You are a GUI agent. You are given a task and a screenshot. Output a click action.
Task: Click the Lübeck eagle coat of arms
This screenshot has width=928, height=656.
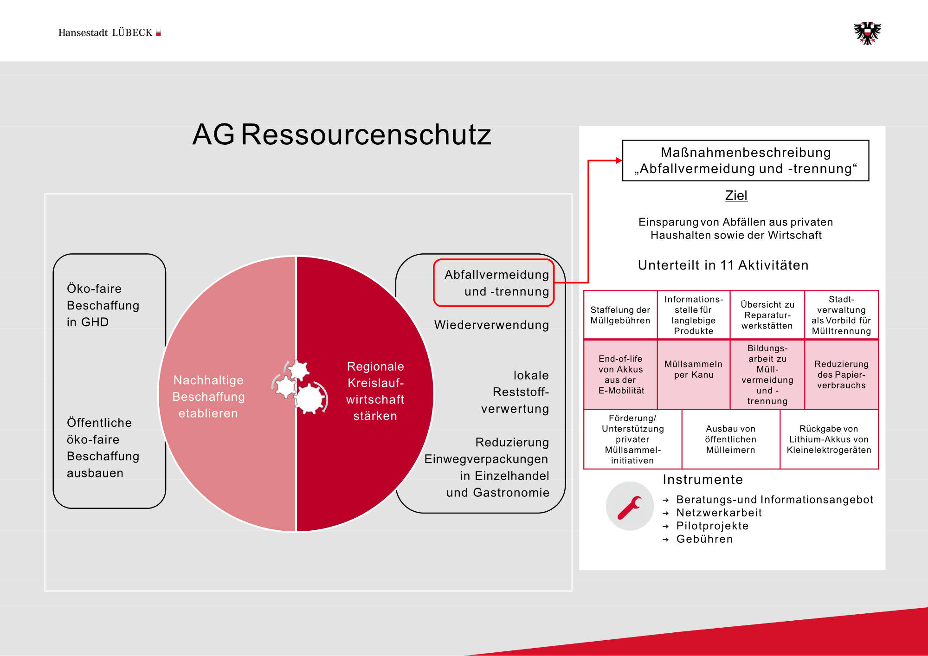tap(867, 33)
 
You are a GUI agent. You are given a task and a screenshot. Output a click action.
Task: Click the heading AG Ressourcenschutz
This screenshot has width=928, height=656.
tap(342, 135)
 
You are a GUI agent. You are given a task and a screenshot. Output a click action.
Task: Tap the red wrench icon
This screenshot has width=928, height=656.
tap(630, 506)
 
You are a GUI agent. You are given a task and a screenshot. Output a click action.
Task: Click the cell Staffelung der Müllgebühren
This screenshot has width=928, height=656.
tap(620, 315)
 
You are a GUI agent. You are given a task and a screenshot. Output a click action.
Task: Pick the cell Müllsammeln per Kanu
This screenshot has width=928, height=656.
tap(694, 369)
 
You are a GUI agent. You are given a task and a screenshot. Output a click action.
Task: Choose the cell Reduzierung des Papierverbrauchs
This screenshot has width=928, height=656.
tap(841, 374)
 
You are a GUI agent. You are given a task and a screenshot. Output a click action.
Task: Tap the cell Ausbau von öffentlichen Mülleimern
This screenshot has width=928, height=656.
tap(731, 439)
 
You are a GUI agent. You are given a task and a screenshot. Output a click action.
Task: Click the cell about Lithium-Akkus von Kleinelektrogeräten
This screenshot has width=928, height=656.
tap(829, 439)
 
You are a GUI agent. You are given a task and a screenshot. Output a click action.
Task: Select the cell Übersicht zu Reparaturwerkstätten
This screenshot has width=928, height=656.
tap(767, 315)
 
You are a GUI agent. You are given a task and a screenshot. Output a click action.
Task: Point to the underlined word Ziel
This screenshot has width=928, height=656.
tap(736, 195)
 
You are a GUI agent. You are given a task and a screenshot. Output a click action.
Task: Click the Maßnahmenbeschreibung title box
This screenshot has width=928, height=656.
tap(745, 161)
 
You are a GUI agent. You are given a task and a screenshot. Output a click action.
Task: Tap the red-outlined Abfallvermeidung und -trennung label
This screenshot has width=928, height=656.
tap(495, 283)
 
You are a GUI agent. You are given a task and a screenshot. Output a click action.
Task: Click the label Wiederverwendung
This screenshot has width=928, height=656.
tap(491, 325)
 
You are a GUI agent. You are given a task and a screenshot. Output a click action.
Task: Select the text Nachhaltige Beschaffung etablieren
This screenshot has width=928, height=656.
tap(208, 397)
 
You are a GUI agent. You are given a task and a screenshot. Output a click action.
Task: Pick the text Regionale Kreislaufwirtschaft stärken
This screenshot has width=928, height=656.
tap(375, 391)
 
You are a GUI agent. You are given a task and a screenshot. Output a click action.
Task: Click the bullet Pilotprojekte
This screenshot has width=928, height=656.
tap(712, 526)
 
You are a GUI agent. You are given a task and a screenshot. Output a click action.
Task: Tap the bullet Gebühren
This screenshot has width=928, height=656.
tap(704, 539)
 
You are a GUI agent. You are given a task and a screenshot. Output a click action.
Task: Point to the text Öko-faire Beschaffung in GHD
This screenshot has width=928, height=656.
tap(103, 305)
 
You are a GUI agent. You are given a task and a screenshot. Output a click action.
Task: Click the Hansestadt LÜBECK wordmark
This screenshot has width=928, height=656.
tap(109, 32)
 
